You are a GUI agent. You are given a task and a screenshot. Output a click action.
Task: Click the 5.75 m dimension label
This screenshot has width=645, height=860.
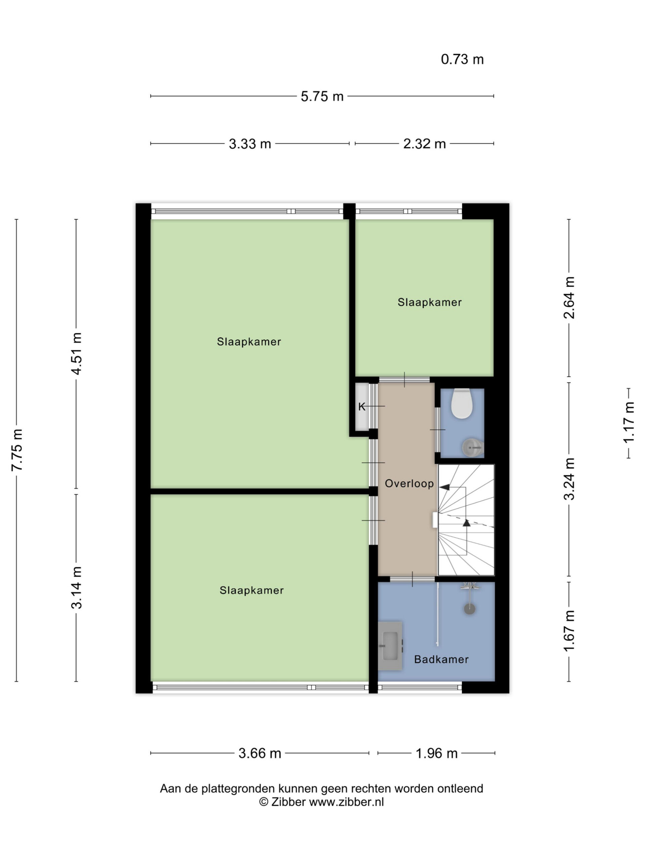pyautogui.click(x=322, y=96)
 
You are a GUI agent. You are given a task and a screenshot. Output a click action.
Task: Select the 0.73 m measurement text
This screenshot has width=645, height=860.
pyautogui.click(x=462, y=59)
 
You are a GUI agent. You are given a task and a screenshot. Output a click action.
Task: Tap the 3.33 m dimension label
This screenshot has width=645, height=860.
pyautogui.click(x=250, y=144)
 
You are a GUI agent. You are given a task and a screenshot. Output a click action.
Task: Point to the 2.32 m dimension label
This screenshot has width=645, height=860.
pyautogui.click(x=424, y=144)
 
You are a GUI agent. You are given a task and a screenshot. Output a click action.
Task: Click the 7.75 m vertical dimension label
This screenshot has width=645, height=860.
pyautogui.click(x=17, y=450)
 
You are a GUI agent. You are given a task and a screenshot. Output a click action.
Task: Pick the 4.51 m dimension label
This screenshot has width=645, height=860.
pyautogui.click(x=77, y=353)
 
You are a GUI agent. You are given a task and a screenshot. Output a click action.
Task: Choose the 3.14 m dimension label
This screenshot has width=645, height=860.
pyautogui.click(x=77, y=588)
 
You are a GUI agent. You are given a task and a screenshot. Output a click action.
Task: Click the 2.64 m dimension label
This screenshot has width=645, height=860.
pyautogui.click(x=569, y=297)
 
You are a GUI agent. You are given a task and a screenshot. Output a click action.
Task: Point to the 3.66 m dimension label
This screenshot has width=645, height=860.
pyautogui.click(x=260, y=754)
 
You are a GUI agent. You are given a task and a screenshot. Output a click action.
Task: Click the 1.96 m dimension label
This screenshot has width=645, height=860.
pyautogui.click(x=436, y=754)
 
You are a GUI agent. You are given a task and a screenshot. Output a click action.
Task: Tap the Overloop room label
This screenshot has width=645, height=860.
pyautogui.click(x=409, y=484)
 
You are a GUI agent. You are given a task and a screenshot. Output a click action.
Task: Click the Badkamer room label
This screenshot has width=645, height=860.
pyautogui.click(x=441, y=659)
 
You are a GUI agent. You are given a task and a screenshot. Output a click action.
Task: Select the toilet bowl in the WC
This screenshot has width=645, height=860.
pyautogui.click(x=462, y=403)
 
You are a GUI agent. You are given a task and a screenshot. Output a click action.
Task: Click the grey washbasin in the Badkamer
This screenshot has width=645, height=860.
pyautogui.click(x=390, y=646)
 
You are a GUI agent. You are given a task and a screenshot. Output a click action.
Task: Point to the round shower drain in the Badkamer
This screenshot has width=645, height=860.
pyautogui.click(x=470, y=608)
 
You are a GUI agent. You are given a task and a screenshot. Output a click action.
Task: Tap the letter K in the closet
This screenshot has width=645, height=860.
pyautogui.click(x=361, y=407)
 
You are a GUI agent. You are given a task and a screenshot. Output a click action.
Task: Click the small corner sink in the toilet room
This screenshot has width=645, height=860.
pyautogui.click(x=473, y=447)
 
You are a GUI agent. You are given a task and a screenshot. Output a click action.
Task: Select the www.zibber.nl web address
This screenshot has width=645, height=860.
pyautogui.click(x=346, y=802)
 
